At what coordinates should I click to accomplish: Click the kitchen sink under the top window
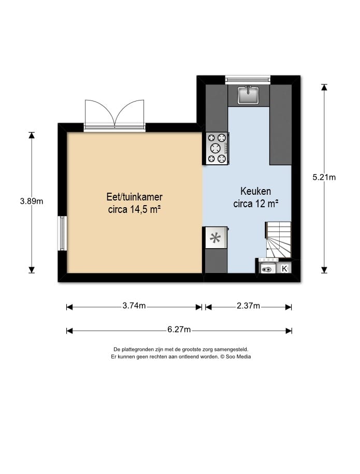tap(249, 95)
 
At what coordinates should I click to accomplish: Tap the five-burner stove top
tap(217, 149)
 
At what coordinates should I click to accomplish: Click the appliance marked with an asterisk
tap(216, 238)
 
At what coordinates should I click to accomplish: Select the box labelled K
tap(284, 268)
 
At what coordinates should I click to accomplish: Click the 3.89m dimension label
tap(32, 201)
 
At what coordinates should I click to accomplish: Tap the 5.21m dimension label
tap(324, 177)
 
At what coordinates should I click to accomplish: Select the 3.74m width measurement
tap(134, 306)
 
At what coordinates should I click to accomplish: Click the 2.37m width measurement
tap(248, 306)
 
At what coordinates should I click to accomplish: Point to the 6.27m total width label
tap(179, 329)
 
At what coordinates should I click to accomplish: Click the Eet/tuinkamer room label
tap(135, 197)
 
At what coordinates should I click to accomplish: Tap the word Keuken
tap(256, 191)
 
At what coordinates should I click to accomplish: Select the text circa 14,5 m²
tap(134, 209)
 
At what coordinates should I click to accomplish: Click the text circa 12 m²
tap(256, 204)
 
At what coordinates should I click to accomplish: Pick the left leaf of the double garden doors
tap(100, 113)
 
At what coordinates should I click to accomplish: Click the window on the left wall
tap(62, 233)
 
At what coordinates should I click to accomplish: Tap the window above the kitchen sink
tap(248, 79)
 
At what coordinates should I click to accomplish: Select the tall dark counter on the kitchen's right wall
tap(281, 125)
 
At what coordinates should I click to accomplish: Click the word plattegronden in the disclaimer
tap(134, 350)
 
